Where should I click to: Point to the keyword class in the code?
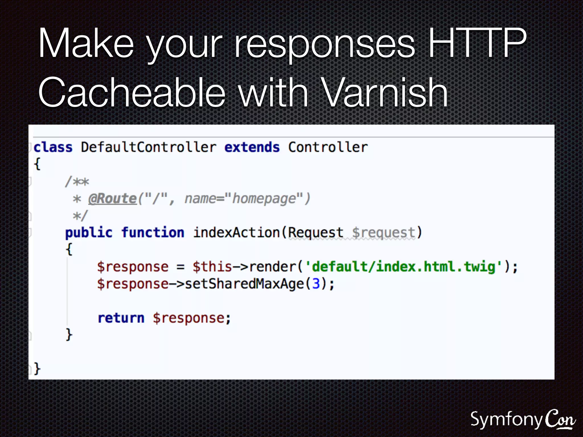(53, 147)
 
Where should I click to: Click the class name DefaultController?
(148, 147)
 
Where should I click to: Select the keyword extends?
(252, 147)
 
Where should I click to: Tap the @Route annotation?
(113, 199)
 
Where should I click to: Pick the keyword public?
(89, 233)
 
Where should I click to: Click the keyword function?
(153, 233)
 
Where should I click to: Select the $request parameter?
(383, 233)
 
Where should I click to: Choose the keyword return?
(121, 318)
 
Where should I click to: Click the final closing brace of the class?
(37, 369)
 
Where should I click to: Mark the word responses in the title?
(325, 43)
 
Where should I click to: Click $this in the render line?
(212, 267)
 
